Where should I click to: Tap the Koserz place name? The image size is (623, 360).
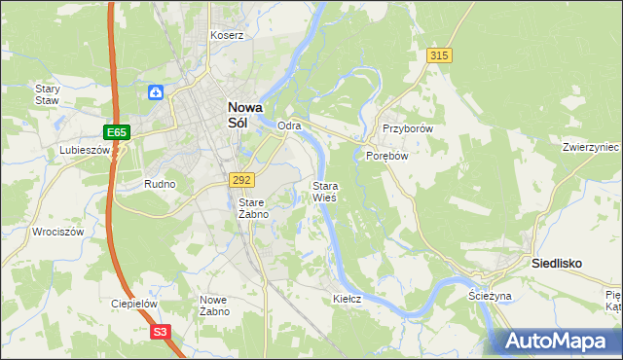pos(227,35)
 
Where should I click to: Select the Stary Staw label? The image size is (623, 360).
pos(48,93)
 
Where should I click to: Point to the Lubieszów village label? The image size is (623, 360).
pos(84,150)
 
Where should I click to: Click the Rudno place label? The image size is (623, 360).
pos(160,183)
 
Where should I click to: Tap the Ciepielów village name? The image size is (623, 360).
pos(134,304)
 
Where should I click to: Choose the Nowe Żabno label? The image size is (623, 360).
pos(214,306)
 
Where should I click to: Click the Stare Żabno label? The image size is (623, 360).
pos(253,208)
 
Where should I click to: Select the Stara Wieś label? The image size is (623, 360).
pos(324,191)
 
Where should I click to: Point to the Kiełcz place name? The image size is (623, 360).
pos(348,299)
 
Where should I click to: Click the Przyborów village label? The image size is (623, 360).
pos(407,128)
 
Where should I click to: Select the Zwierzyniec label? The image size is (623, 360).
pos(591,148)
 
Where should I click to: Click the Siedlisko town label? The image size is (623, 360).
pos(556,263)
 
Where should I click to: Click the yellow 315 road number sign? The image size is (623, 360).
pos(439,56)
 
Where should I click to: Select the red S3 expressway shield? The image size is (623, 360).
pos(161,332)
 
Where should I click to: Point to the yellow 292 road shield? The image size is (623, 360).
pos(242,180)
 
